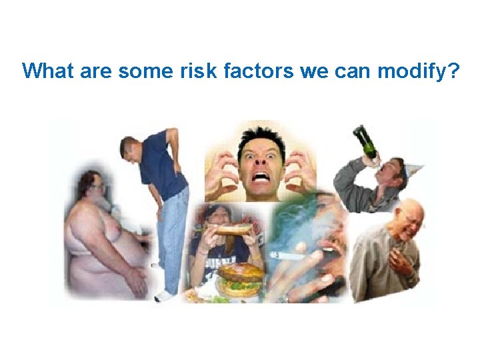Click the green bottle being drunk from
point(365,140)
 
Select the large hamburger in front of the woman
point(240,279)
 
